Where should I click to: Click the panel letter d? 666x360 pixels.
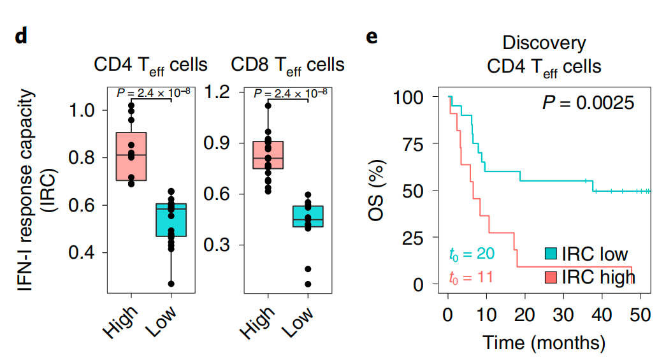click(x=21, y=36)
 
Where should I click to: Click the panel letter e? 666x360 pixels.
click(x=372, y=36)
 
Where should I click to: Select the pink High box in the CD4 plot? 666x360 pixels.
click(x=131, y=156)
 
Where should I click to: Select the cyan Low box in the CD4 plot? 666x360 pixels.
click(x=171, y=220)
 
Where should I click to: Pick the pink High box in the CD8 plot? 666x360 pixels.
click(x=268, y=155)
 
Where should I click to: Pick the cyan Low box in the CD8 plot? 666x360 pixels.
click(x=308, y=216)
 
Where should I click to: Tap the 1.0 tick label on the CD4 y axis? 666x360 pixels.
click(x=82, y=110)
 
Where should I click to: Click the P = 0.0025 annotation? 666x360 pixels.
click(x=588, y=102)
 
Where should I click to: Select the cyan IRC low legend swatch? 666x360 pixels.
click(x=551, y=253)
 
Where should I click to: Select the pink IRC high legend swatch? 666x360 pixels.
click(x=551, y=277)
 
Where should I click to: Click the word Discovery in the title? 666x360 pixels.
click(x=544, y=43)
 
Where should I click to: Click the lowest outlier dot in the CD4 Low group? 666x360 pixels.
click(x=171, y=284)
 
